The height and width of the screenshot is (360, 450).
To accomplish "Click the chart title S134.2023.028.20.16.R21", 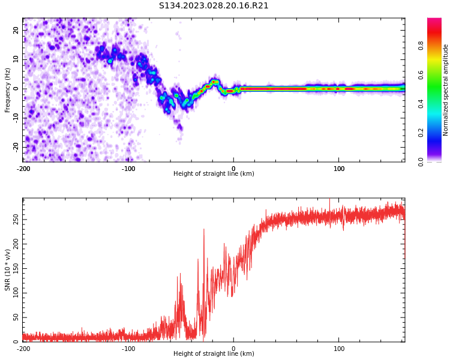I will tap(214, 6).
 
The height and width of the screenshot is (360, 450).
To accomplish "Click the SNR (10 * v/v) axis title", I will tap(8, 270).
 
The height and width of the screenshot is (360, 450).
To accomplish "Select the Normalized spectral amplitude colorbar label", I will tap(446, 90).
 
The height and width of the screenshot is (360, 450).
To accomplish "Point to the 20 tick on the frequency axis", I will tap(16, 30).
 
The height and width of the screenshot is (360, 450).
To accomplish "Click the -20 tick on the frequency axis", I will tap(15, 147).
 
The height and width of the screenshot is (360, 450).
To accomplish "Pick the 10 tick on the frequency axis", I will tap(16, 59).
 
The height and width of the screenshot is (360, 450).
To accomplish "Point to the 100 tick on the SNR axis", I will tap(14, 293).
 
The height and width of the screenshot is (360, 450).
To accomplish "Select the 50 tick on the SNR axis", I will tap(16, 317).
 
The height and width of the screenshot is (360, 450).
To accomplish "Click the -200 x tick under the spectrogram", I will tap(23, 168).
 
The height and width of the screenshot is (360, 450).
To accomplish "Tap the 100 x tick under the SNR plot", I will tap(339, 348).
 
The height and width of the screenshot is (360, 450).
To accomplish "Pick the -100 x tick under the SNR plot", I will tap(128, 348).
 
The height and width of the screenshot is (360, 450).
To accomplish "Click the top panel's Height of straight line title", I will tap(214, 174).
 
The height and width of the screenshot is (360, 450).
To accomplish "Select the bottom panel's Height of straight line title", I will tap(214, 354).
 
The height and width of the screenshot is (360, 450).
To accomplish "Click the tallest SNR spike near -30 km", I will tap(204, 229).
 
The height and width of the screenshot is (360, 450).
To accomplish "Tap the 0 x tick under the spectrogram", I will tap(234, 168).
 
